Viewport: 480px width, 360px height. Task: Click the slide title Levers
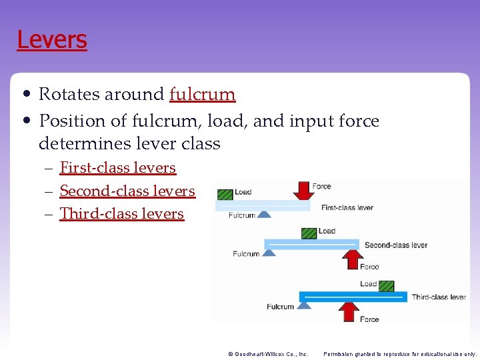pos(52,40)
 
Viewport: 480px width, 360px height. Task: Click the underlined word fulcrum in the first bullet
pos(202,95)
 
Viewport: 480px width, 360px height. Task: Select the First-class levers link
pos(117,168)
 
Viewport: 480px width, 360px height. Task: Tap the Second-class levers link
pos(127,191)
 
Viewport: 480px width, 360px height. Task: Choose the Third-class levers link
pos(121,214)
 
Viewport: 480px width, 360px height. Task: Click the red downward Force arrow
pos(303,191)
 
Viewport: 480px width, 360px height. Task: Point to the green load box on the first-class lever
pos(225,194)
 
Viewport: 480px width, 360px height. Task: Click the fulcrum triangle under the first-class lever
pos(264,214)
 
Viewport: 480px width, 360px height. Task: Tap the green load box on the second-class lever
pos(309,233)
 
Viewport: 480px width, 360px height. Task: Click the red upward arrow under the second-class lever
pos(352,258)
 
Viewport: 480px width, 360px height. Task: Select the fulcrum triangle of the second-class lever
pos(269,253)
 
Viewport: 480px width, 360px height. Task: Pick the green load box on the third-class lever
pos(387,285)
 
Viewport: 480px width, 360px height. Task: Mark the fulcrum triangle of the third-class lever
pos(304,305)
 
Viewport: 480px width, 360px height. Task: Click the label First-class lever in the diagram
pos(347,208)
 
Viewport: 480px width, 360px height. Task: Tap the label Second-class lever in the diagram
pos(395,245)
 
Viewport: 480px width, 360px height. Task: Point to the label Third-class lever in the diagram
pos(439,297)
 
